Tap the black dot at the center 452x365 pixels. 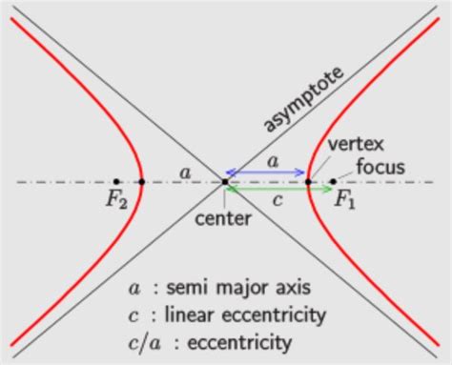coord(224,181)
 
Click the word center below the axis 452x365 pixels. coord(223,217)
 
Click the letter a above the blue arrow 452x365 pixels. coord(273,161)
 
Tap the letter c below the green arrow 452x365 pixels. coord(277,201)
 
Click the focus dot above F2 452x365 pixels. coord(115,181)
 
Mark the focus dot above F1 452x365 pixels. coord(332,181)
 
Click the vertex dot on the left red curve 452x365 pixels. coord(141,181)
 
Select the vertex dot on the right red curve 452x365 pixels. coord(307,181)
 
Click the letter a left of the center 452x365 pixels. coord(184,172)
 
